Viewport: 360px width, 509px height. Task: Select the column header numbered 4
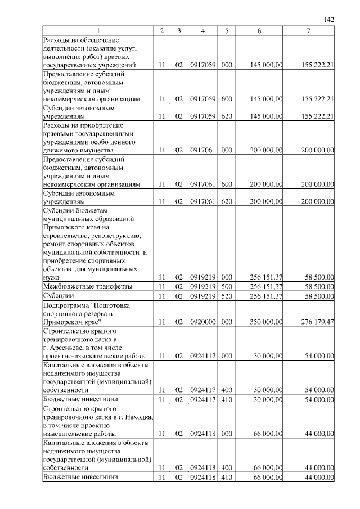point(202,30)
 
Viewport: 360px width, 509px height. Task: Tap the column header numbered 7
point(309,30)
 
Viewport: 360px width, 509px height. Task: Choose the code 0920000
point(202,322)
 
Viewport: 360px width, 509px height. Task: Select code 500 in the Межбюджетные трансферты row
point(227,286)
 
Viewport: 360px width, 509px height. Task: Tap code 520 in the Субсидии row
point(227,296)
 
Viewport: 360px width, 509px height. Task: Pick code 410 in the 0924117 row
point(227,399)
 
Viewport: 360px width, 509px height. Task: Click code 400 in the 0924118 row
point(227,468)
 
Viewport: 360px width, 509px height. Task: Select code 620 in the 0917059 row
point(227,117)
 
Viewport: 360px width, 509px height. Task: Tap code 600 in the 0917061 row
point(227,184)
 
